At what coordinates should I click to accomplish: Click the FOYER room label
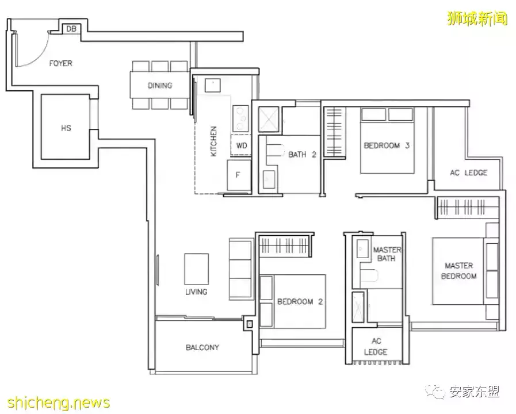click(60, 63)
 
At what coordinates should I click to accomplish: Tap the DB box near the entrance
click(72, 29)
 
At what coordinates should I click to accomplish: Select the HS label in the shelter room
click(66, 128)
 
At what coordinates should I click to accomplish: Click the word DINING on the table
click(160, 86)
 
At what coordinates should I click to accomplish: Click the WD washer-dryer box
click(242, 145)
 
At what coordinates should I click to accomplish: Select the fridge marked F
click(238, 176)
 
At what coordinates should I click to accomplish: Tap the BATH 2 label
click(303, 154)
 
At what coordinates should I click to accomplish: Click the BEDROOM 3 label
click(386, 145)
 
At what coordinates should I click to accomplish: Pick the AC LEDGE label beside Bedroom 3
click(468, 172)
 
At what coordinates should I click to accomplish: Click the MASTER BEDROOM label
click(458, 271)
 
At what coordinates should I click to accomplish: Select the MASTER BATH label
click(387, 254)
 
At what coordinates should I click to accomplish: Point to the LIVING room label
click(196, 292)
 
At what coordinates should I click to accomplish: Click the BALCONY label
click(202, 347)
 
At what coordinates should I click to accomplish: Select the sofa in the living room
click(240, 270)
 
